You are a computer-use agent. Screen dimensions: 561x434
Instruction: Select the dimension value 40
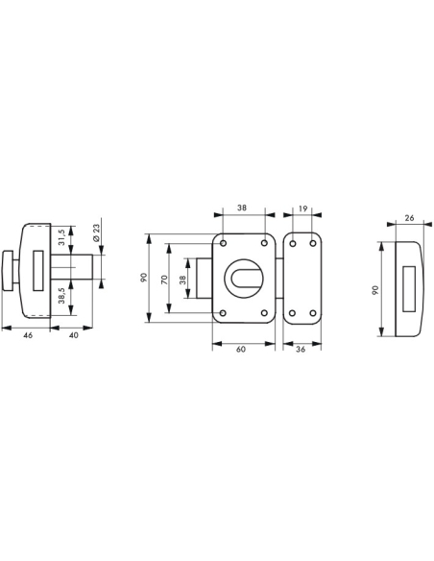(x=74, y=334)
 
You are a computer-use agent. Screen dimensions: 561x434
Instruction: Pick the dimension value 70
(x=164, y=279)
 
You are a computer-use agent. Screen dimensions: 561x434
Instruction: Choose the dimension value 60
(x=242, y=351)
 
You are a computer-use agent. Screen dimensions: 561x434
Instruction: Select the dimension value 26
(x=410, y=219)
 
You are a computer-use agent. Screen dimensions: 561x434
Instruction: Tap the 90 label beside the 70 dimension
(x=143, y=279)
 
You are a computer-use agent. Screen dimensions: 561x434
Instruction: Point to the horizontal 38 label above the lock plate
(x=242, y=207)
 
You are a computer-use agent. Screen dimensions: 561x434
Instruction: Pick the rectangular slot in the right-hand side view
(x=412, y=288)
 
